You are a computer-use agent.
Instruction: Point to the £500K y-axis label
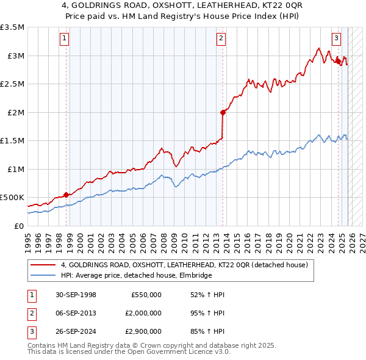(x=12, y=198)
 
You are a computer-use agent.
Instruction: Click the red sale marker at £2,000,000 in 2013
(x=223, y=112)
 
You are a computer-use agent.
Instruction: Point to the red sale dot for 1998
(x=66, y=195)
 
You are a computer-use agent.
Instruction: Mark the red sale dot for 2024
(x=338, y=61)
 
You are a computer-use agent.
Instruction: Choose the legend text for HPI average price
(x=136, y=276)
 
